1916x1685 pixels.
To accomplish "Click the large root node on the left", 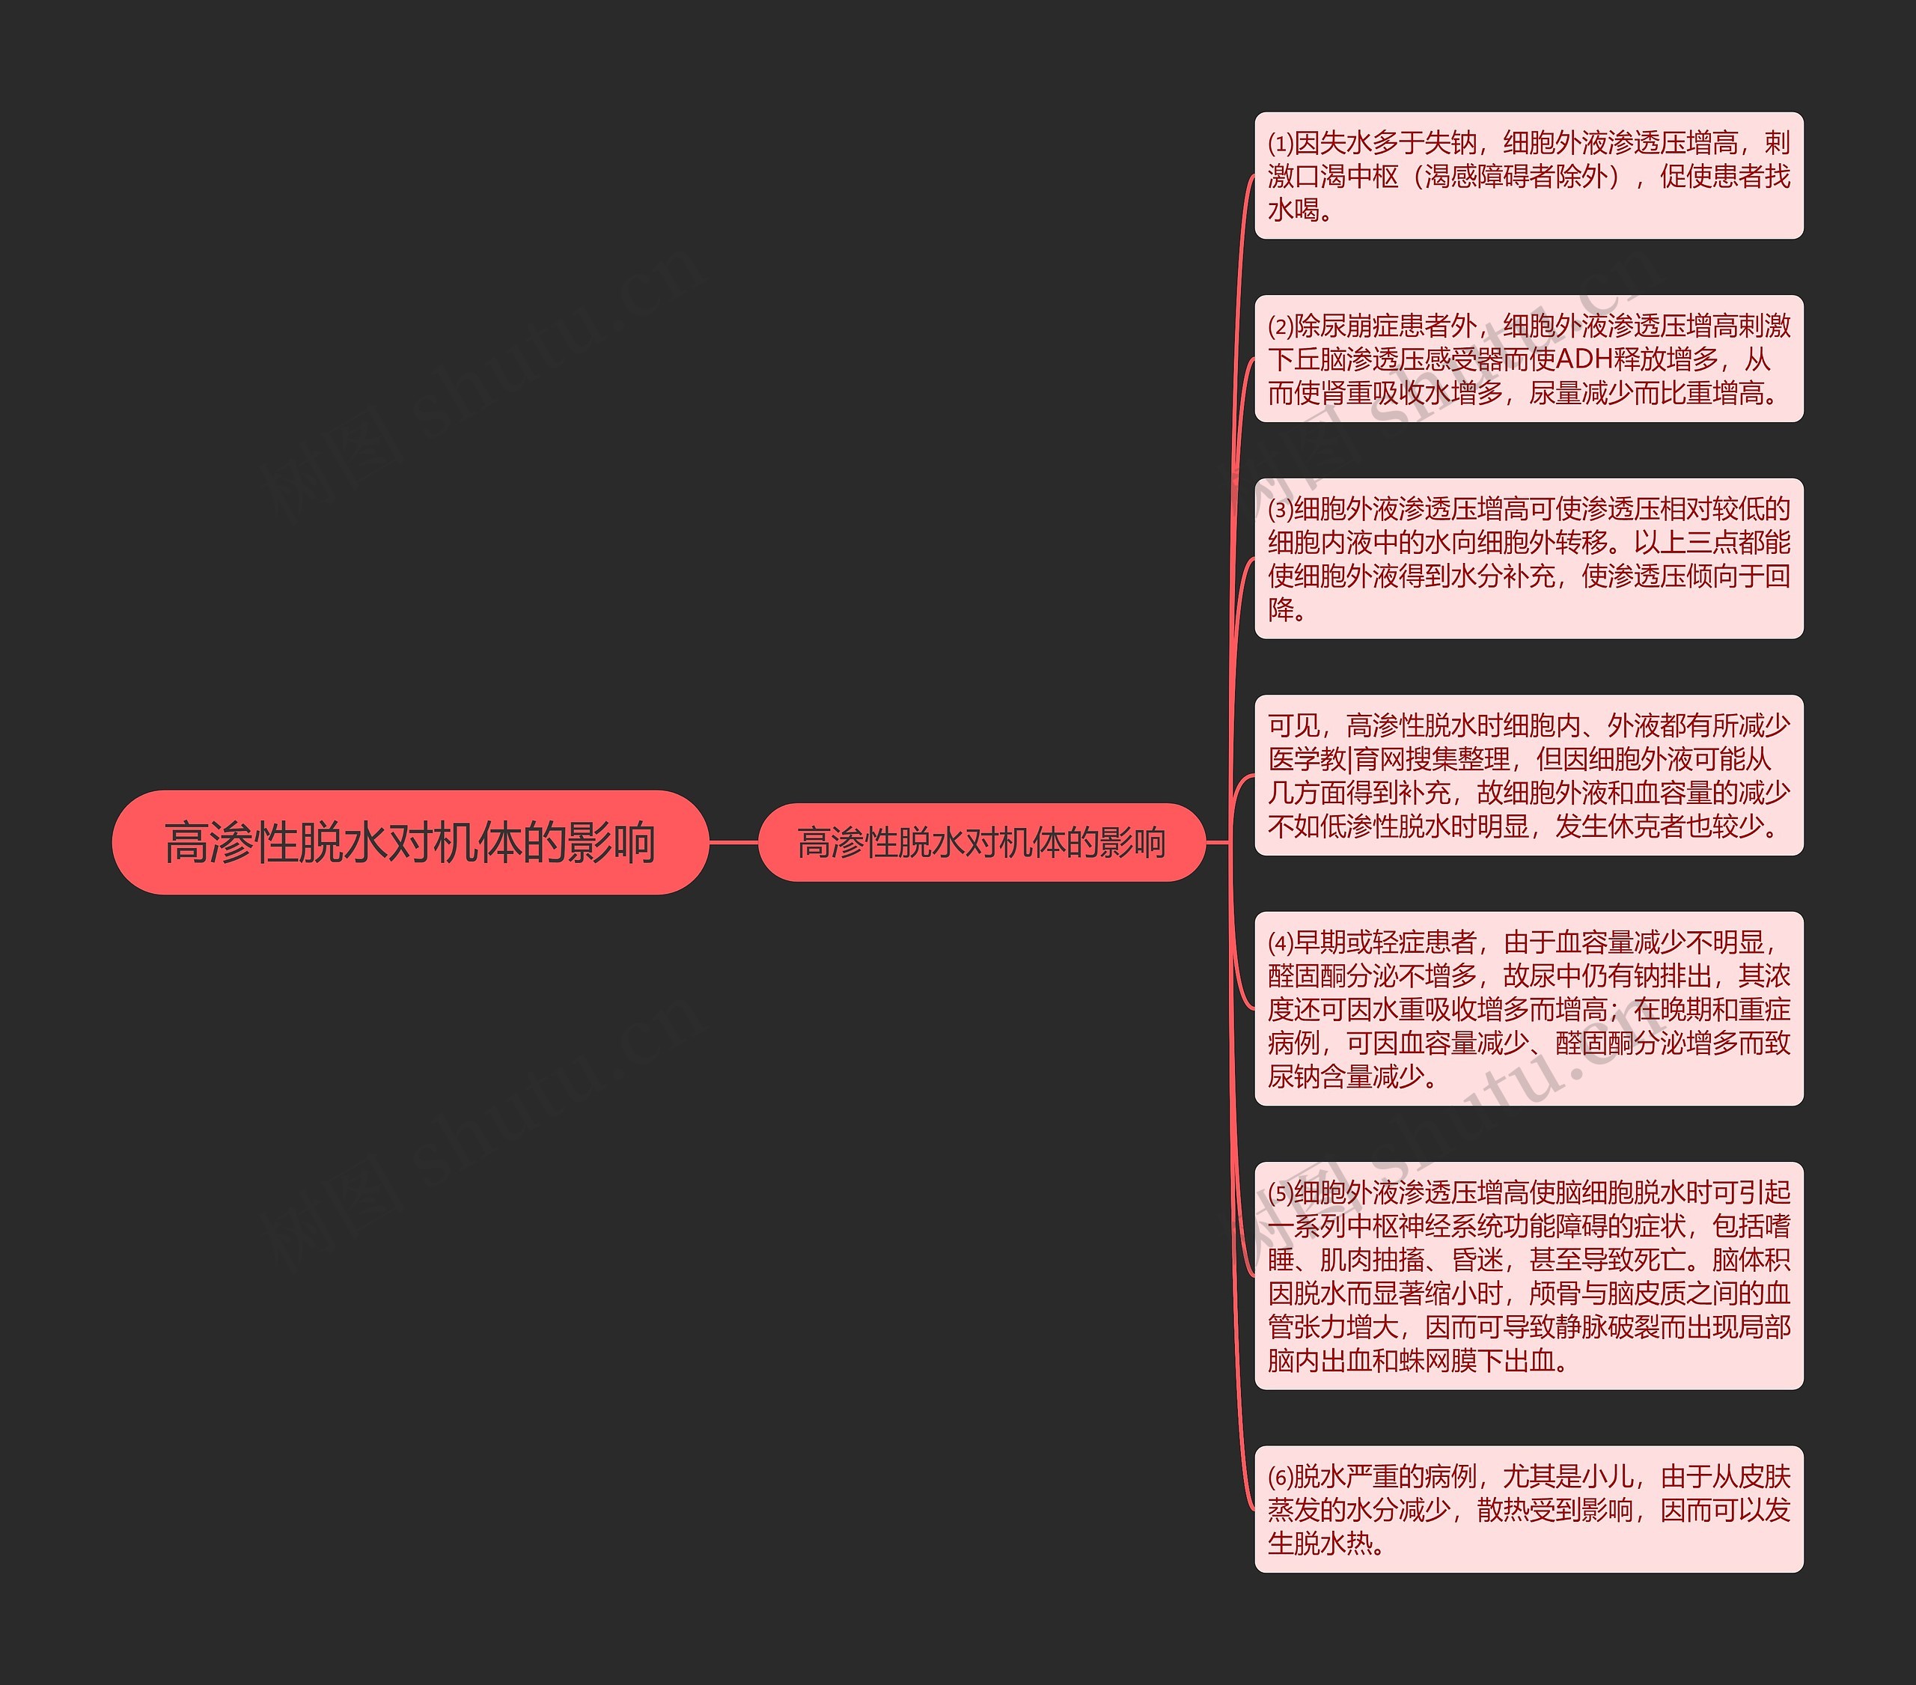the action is (409, 841).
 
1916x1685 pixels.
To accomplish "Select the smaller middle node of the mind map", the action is (980, 842).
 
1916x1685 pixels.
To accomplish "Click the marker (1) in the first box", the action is (1281, 144).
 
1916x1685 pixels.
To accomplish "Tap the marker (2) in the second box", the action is (1281, 326).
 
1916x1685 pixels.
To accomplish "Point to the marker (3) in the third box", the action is (1281, 509).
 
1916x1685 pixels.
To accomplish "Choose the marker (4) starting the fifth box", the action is (1281, 942).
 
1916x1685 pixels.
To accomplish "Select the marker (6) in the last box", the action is (1281, 1477).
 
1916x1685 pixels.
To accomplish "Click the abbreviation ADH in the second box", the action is (1584, 359).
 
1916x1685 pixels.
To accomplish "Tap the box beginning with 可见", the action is (1528, 775).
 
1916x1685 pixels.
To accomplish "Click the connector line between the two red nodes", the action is (733, 842).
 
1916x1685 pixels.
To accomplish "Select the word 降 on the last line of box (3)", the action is (1281, 609).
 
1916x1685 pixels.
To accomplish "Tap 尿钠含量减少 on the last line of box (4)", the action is (1345, 1076).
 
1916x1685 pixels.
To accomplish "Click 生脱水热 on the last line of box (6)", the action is (1319, 1544).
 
